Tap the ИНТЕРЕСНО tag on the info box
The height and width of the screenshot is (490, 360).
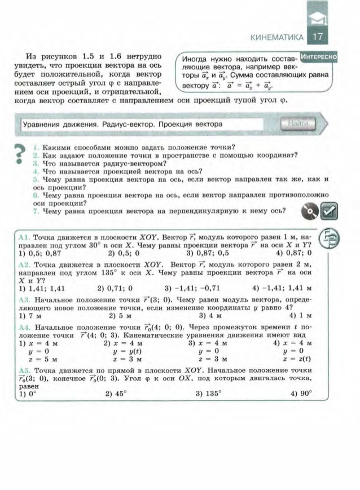[319, 57]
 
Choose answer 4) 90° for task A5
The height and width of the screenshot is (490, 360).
[301, 394]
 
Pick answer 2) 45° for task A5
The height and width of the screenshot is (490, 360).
[116, 394]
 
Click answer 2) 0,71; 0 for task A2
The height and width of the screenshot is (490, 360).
[117, 289]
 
